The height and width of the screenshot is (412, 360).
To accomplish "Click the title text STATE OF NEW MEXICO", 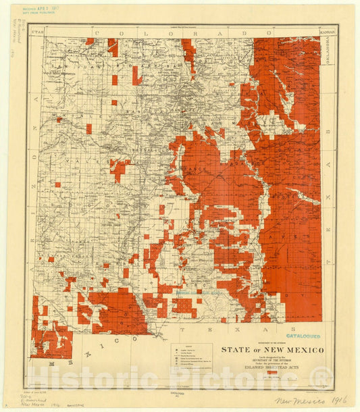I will click(x=274, y=350).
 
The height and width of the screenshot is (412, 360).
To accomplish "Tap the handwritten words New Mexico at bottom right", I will click(x=296, y=401).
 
